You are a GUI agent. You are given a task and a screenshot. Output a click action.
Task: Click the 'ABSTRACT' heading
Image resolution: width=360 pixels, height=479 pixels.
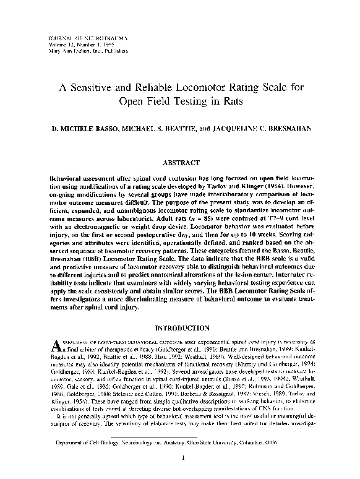[x=179, y=163]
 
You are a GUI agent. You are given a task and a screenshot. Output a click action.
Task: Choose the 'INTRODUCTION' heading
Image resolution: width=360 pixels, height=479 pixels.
[x=179, y=327]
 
